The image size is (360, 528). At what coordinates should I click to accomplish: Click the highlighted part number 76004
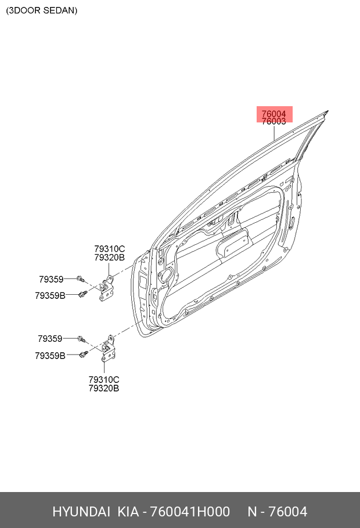tap(273, 114)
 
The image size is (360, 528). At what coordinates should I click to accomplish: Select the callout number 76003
tap(273, 122)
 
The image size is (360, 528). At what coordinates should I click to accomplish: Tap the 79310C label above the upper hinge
tap(110, 249)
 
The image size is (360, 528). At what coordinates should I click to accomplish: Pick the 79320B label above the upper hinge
tap(110, 258)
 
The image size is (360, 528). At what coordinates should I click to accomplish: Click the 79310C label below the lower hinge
tap(104, 379)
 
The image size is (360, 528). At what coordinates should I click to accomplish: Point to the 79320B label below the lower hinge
tap(104, 388)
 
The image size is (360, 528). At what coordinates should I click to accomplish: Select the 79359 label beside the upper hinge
tap(51, 279)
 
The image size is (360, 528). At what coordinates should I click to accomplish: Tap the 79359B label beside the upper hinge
tap(50, 295)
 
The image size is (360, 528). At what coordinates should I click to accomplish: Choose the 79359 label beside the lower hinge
tap(50, 338)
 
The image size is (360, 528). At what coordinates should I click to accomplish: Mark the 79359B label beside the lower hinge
tap(50, 356)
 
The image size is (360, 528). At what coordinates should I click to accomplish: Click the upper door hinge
tap(107, 288)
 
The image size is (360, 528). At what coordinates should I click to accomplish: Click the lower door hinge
tap(109, 349)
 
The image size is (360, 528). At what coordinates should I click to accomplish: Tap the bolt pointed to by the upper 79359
tap(80, 279)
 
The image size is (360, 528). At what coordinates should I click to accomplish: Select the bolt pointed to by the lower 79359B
tap(84, 354)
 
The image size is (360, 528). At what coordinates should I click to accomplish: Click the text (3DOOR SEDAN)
tap(42, 10)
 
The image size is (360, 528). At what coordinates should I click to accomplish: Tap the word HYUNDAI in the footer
tap(81, 512)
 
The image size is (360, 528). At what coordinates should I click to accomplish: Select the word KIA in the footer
tap(128, 512)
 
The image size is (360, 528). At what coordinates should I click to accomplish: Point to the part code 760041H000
tap(190, 512)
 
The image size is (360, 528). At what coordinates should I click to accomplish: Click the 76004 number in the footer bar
tap(288, 512)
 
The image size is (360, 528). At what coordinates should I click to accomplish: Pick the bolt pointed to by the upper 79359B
tap(83, 294)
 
